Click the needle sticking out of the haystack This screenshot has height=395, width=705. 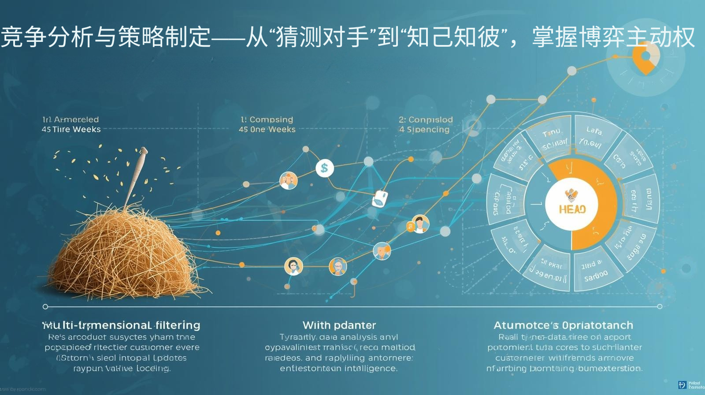pos(136,176)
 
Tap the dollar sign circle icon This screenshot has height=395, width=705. pos(325,168)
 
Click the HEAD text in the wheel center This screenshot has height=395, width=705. pos(572,209)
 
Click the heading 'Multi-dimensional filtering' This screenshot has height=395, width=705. pos(121,325)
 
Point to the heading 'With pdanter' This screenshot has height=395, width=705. pos(339,325)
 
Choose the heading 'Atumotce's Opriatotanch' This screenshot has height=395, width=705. pos(563,325)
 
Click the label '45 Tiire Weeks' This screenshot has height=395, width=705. pos(71,129)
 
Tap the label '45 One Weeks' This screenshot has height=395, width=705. pos(267,129)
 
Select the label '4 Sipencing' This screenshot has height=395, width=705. pos(424,129)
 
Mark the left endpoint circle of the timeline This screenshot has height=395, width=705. pos(45,306)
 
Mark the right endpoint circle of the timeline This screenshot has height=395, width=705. pos(660,306)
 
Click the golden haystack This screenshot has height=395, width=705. pos(128,251)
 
